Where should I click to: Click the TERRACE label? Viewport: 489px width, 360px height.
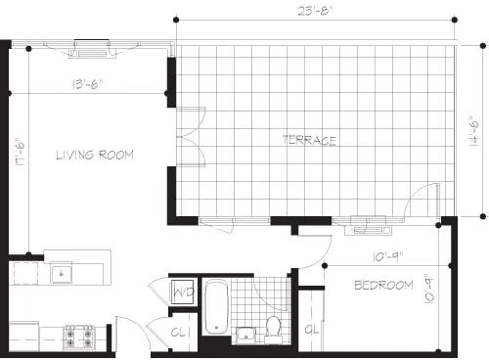click(309, 141)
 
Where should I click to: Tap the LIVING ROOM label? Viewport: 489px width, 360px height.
click(94, 155)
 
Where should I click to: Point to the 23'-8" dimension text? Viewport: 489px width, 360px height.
click(318, 12)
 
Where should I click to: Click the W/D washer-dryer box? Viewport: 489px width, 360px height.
click(182, 292)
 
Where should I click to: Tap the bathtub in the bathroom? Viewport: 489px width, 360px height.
click(215, 307)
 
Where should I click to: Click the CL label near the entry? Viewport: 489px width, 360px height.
click(180, 333)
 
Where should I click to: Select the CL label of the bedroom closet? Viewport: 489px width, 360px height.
click(312, 329)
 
